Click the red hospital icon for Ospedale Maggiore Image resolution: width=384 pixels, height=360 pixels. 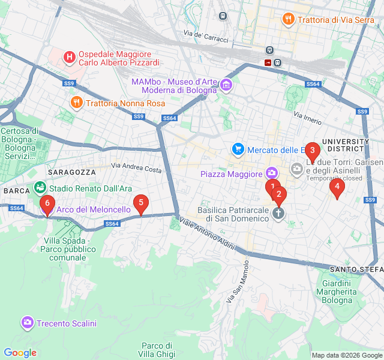[x=70, y=58]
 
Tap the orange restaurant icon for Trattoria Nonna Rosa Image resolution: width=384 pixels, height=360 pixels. [x=76, y=103]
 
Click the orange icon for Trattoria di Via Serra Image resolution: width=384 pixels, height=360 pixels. [x=289, y=19]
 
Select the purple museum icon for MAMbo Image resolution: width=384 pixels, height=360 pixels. [x=226, y=85]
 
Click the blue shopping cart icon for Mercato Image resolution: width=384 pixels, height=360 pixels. [x=238, y=149]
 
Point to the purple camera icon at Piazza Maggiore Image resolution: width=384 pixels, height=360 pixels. [x=272, y=174]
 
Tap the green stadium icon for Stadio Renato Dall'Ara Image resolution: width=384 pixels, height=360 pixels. [x=40, y=188]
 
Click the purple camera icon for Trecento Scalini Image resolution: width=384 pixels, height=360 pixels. [x=27, y=323]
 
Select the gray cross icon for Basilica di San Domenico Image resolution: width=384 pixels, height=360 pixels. [x=278, y=214]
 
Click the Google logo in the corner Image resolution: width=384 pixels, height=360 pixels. [x=20, y=353]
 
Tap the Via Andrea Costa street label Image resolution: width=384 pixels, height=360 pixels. [x=136, y=168]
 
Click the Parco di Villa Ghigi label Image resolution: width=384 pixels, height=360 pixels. [x=157, y=349]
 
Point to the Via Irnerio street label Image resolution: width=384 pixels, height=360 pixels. [x=308, y=114]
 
